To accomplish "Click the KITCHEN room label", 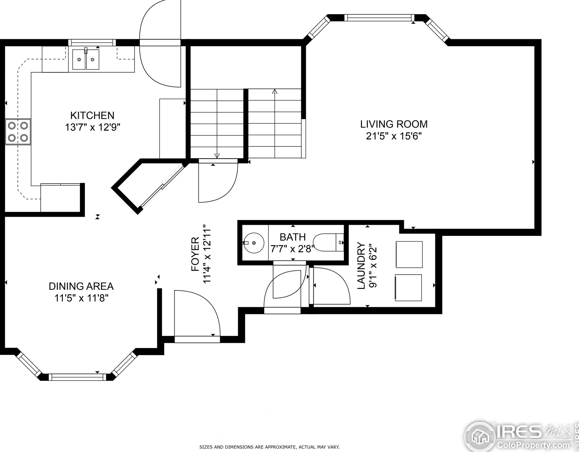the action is [x=92, y=115].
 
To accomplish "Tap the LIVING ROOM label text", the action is [x=394, y=124].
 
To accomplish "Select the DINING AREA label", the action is [x=81, y=286].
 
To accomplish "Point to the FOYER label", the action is [x=195, y=254].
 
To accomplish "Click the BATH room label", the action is [x=293, y=237].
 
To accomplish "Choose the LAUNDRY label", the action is [x=361, y=266].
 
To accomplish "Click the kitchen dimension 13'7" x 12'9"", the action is [x=92, y=127].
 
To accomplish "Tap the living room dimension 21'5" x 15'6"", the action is [x=394, y=136].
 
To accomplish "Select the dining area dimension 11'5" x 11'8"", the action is [x=82, y=298].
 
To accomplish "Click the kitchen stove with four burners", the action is [x=18, y=132].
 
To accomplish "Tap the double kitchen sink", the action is [x=86, y=59].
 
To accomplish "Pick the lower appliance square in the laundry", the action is [x=408, y=288].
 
